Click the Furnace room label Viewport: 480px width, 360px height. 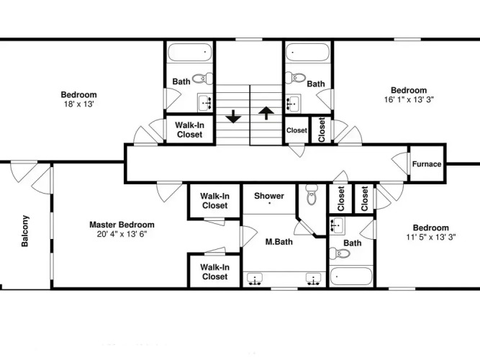pyautogui.click(x=427, y=164)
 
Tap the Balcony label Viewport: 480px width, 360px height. pyautogui.click(x=24, y=231)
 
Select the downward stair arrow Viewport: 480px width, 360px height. pyautogui.click(x=234, y=117)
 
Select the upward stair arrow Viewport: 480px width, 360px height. pyautogui.click(x=266, y=113)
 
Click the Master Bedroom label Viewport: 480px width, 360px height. pyautogui.click(x=122, y=225)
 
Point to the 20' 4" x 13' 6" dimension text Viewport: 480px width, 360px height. pyautogui.click(x=122, y=234)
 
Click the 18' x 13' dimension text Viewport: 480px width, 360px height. pyautogui.click(x=78, y=104)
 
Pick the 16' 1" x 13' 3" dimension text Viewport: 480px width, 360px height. pyautogui.click(x=409, y=99)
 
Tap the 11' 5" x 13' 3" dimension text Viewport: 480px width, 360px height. pyautogui.click(x=431, y=237)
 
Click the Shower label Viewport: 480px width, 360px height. pyautogui.click(x=269, y=196)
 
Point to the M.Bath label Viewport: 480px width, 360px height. pyautogui.click(x=279, y=242)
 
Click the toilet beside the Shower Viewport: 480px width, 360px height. pyautogui.click(x=312, y=195)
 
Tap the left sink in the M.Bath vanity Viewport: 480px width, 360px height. pyautogui.click(x=255, y=279)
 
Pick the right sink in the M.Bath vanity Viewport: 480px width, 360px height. pyautogui.click(x=314, y=279)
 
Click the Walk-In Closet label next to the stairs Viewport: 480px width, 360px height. pyautogui.click(x=189, y=130)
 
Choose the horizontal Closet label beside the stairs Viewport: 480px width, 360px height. pyautogui.click(x=296, y=130)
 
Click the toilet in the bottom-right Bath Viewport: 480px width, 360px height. pyautogui.click(x=340, y=253)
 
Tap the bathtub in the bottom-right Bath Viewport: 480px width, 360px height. pyautogui.click(x=351, y=276)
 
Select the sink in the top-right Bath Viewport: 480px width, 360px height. pyautogui.click(x=294, y=102)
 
